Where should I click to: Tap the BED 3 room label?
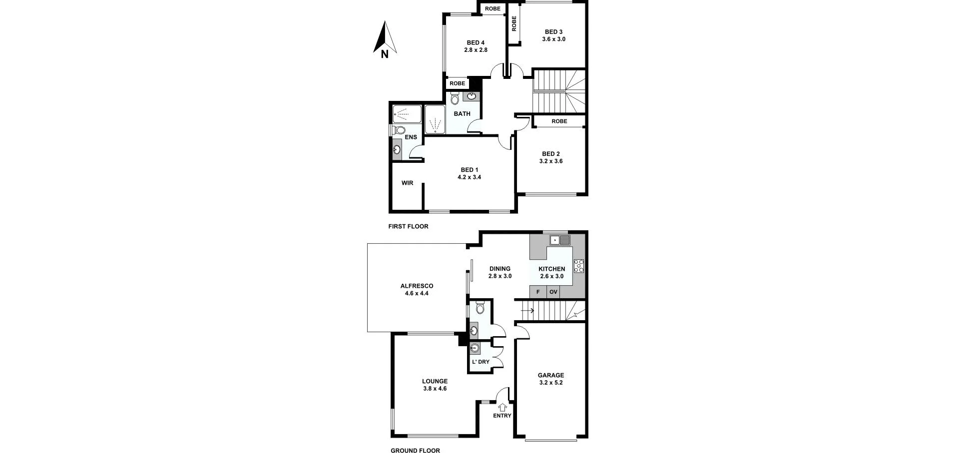pos(553,32)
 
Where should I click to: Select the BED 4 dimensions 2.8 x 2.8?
pos(476,50)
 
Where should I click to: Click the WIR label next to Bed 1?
pos(407,183)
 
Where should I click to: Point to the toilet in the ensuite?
pos(399,130)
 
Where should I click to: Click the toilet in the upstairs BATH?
pos(455,98)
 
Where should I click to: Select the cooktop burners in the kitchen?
pos(579,266)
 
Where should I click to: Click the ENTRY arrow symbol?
pos(502,407)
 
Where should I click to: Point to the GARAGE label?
pos(551,375)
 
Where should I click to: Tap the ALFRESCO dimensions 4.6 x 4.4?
pos(417,294)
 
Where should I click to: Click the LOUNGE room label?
pos(435,381)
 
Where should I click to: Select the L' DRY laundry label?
pos(480,362)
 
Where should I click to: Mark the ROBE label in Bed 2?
pos(559,121)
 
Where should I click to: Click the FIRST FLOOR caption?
pos(408,226)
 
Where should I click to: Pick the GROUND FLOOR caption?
pos(415,451)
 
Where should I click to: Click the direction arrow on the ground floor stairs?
pos(527,311)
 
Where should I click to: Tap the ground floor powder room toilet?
pos(480,308)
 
